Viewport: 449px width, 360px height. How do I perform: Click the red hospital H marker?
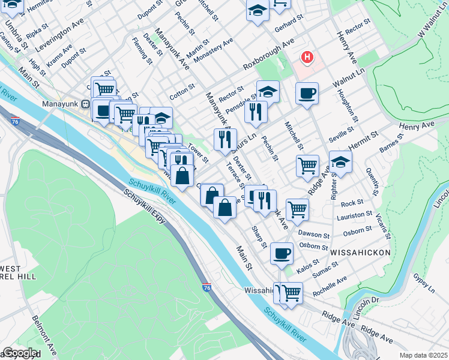click(307, 58)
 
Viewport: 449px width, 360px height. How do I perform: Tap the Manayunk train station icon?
click(85, 103)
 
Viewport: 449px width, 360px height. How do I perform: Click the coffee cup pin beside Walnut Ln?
click(307, 94)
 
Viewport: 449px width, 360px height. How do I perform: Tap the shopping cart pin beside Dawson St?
click(297, 209)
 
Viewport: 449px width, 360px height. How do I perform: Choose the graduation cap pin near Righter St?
click(340, 162)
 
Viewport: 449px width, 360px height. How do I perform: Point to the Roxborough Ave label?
click(268, 55)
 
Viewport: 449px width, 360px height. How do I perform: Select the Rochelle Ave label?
click(329, 286)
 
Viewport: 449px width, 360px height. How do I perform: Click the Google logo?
click(19, 353)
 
